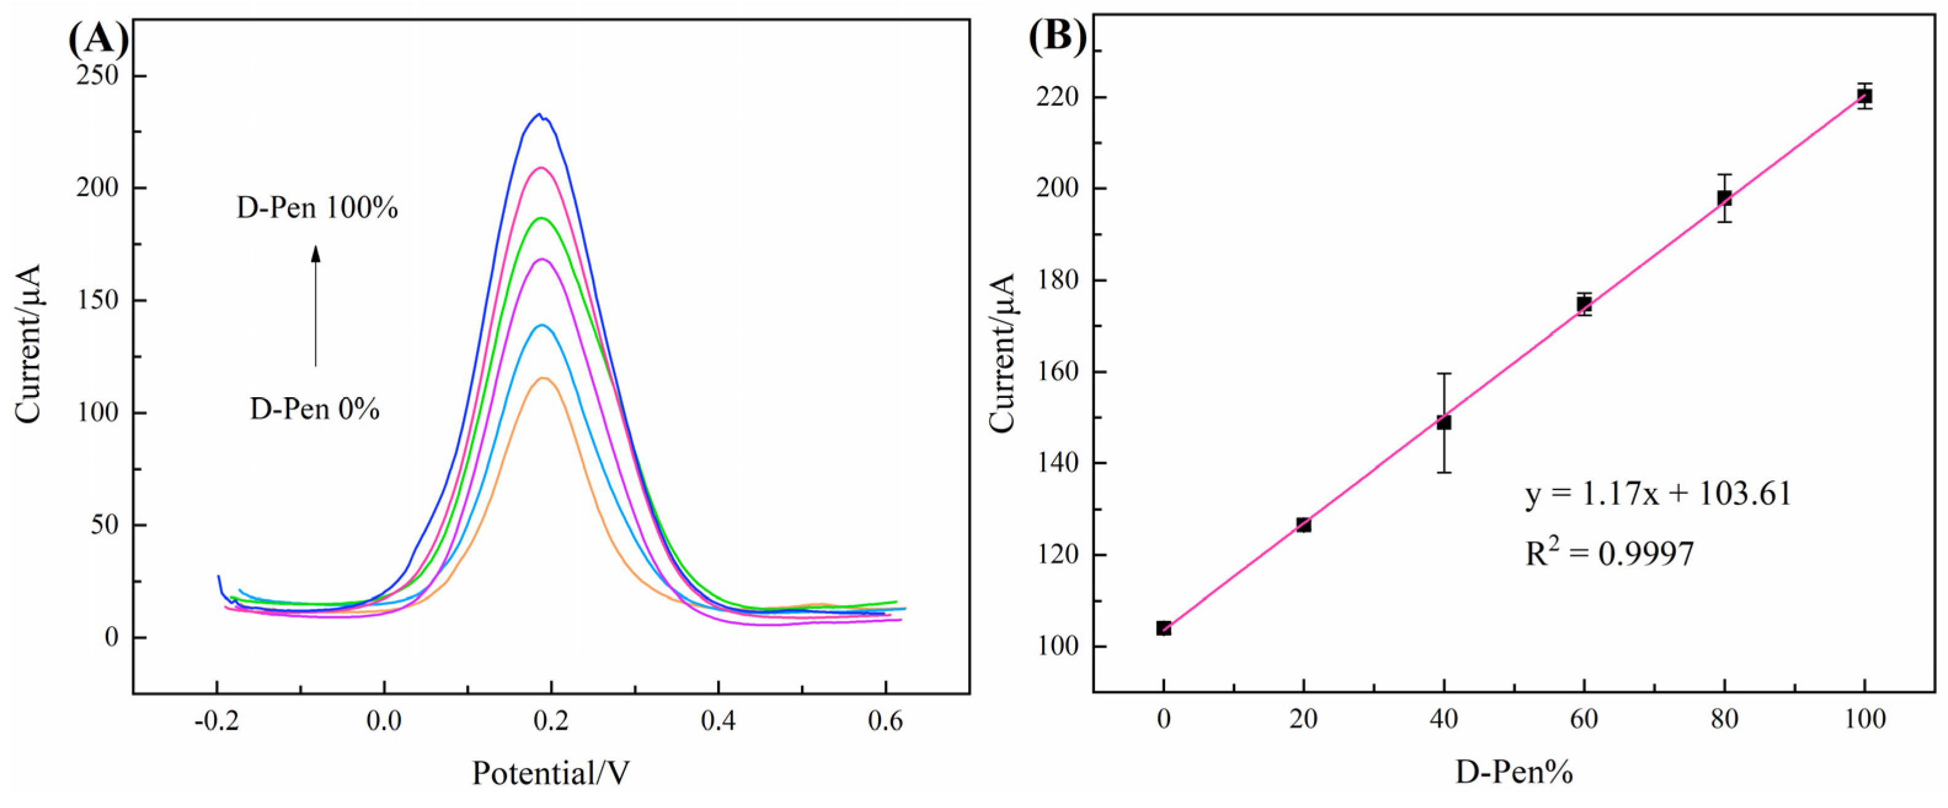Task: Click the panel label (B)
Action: point(1057,36)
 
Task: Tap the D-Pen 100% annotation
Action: point(317,208)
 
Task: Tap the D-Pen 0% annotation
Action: point(314,409)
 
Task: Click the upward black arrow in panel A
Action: point(316,306)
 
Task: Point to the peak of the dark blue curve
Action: point(539,115)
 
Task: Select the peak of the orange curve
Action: point(542,378)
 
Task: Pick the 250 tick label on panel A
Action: point(98,76)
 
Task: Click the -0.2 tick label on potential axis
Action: point(217,721)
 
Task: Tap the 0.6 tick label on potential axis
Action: point(885,721)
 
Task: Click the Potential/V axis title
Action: point(551,773)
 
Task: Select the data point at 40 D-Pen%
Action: point(1444,422)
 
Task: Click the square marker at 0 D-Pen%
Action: point(1164,628)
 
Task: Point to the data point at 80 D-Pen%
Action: point(1724,198)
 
